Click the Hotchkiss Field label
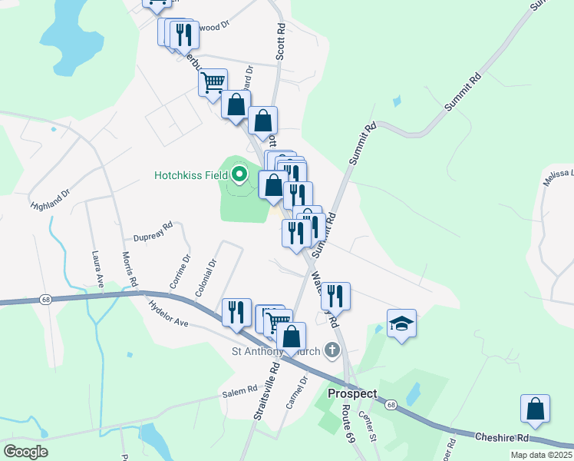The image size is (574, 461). pos(191,175)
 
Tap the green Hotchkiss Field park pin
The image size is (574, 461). pos(239,174)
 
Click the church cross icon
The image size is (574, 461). pos(332,351)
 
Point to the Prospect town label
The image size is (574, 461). pos(352,393)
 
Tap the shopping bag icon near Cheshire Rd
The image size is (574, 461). pos(535,410)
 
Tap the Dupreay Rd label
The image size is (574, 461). pos(153,230)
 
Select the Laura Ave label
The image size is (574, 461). pos(97,270)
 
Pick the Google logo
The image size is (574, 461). pos(25,452)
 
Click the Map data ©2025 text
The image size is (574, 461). pos(541,455)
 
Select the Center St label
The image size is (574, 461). pos(368,426)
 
